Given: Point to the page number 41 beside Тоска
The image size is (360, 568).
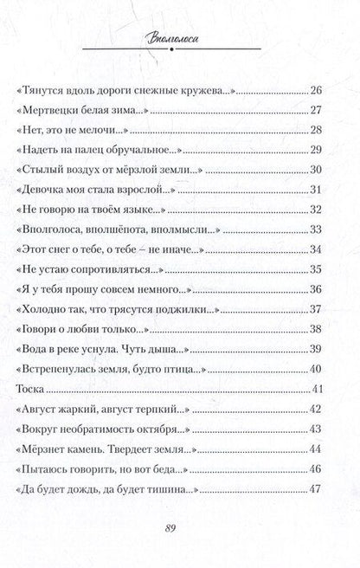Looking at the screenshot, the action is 316,363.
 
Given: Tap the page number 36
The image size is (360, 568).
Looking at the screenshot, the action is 316,288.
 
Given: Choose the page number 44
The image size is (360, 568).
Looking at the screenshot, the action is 316,425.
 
